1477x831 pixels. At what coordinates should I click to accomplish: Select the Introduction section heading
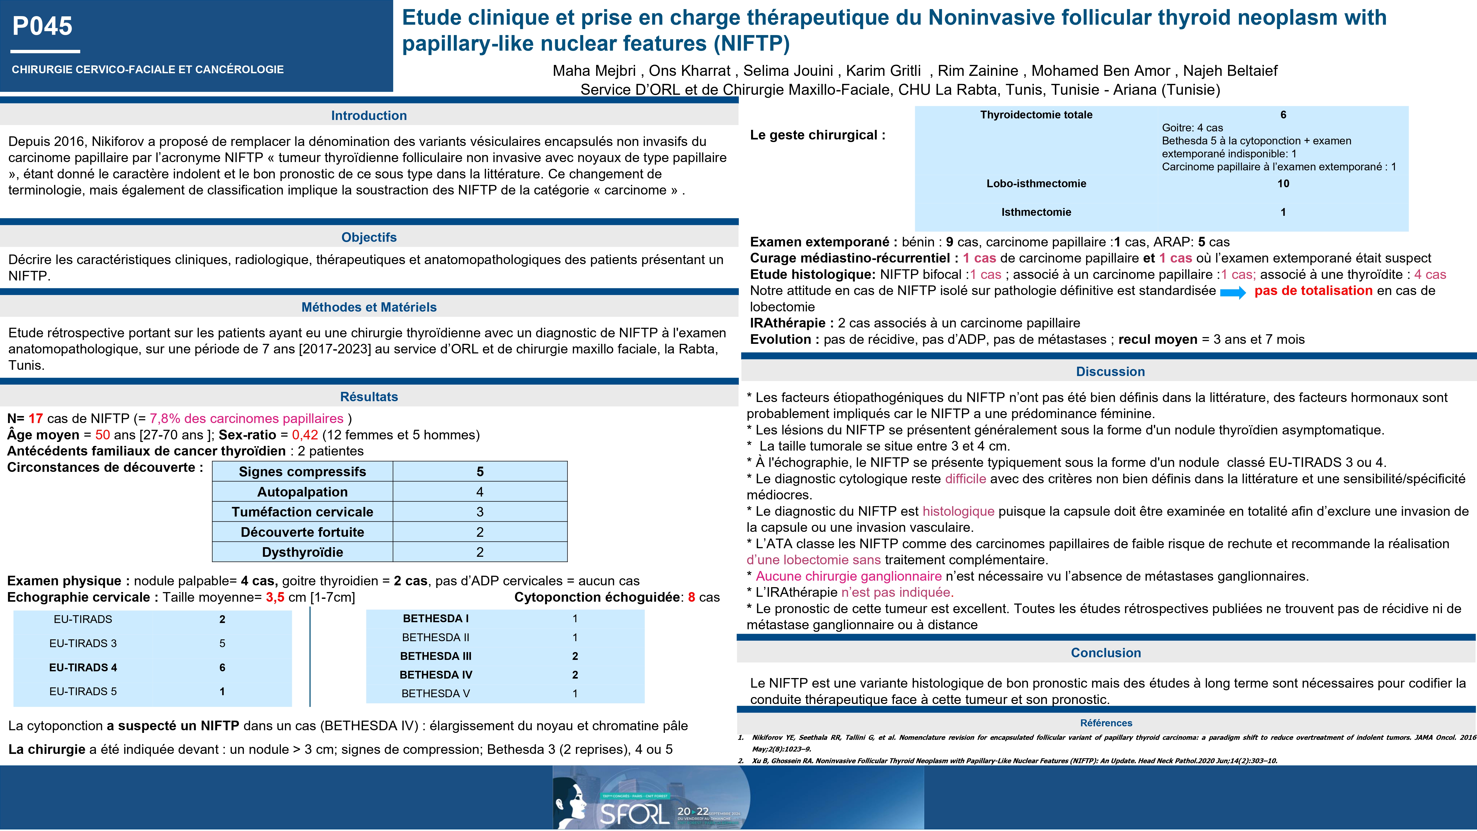(369, 115)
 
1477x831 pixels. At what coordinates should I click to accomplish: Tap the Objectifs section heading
(369, 237)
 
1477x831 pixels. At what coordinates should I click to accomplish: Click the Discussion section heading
(1110, 371)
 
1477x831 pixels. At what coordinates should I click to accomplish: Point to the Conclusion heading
(1105, 653)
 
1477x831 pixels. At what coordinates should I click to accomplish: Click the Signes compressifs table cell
(302, 471)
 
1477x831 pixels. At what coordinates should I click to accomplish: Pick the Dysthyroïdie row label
(302, 552)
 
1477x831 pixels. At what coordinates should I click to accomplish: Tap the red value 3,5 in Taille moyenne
(275, 597)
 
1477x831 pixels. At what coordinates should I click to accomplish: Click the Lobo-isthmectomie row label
(1036, 184)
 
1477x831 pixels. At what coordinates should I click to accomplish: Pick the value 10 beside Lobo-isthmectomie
(1283, 184)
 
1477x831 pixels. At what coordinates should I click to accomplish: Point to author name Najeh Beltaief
(1230, 71)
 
